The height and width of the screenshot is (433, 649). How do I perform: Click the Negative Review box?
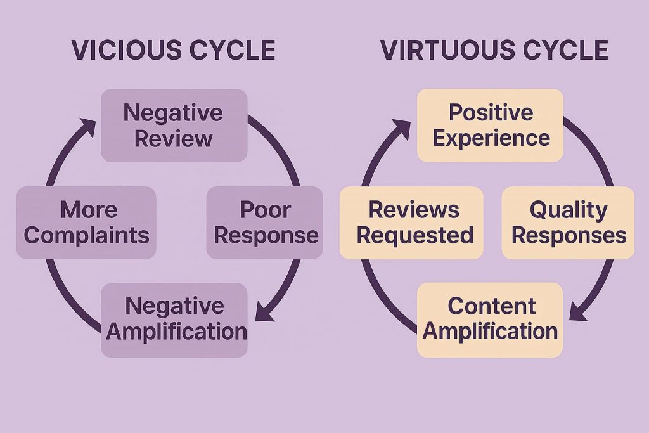[174, 125]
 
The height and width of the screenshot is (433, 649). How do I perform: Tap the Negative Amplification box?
[174, 319]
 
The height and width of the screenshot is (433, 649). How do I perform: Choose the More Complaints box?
[86, 222]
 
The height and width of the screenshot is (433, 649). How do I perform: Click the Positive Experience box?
[490, 125]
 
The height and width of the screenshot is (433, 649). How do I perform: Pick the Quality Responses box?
[568, 222]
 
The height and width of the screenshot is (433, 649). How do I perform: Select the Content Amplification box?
[490, 319]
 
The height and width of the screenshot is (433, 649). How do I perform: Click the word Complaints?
[86, 235]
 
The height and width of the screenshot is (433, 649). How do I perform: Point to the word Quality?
[568, 209]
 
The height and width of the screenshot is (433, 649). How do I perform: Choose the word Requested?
[414, 235]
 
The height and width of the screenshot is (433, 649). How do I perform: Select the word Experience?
[491, 138]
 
